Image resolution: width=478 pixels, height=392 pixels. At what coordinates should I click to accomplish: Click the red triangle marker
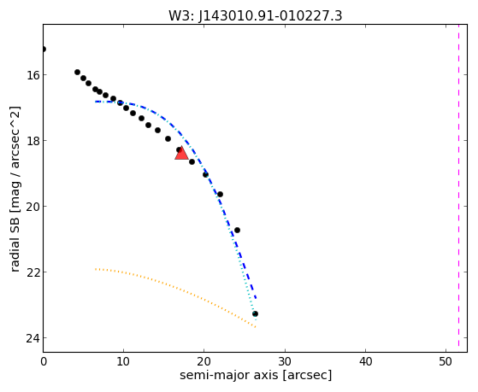pyautogui.click(x=181, y=153)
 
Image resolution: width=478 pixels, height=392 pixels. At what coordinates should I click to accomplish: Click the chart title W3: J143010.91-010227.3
pyautogui.click(x=256, y=15)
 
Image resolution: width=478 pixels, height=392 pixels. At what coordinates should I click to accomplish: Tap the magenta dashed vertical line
pyautogui.click(x=458, y=188)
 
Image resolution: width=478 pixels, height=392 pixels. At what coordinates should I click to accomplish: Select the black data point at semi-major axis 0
pyautogui.click(x=44, y=49)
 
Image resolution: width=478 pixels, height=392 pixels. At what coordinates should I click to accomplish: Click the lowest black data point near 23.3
pyautogui.click(x=255, y=313)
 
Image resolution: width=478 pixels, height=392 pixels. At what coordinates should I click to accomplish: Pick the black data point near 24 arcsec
pyautogui.click(x=237, y=230)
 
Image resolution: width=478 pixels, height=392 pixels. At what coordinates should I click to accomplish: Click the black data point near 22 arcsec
pyautogui.click(x=220, y=195)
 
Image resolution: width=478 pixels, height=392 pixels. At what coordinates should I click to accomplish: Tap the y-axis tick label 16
pyautogui.click(x=32, y=75)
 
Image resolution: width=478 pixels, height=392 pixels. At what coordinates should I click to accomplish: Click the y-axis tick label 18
pyautogui.click(x=32, y=141)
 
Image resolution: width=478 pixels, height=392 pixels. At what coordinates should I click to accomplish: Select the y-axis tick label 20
pyautogui.click(x=32, y=207)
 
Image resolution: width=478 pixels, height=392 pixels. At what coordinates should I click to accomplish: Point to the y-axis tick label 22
pyautogui.click(x=32, y=272)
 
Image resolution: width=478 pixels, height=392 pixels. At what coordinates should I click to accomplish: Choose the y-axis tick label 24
pyautogui.click(x=32, y=338)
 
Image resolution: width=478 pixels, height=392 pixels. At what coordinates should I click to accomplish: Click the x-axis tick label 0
pyautogui.click(x=44, y=361)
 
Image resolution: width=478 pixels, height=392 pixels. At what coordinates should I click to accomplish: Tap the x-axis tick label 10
pyautogui.click(x=123, y=361)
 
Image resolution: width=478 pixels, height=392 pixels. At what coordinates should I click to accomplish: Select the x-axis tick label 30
pyautogui.click(x=285, y=361)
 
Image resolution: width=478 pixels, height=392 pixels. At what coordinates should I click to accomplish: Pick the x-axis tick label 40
pyautogui.click(x=365, y=361)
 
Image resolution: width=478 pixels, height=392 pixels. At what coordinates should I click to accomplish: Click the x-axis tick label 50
pyautogui.click(x=446, y=361)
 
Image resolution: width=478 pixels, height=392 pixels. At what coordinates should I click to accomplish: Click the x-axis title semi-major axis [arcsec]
pyautogui.click(x=256, y=375)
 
